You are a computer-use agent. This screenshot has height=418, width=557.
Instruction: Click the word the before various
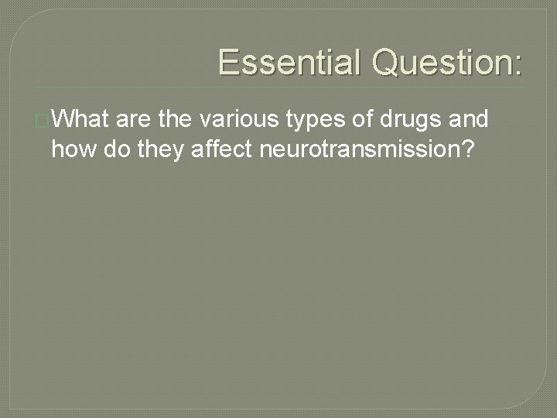point(176,120)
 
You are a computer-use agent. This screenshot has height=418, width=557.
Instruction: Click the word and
point(467,120)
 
